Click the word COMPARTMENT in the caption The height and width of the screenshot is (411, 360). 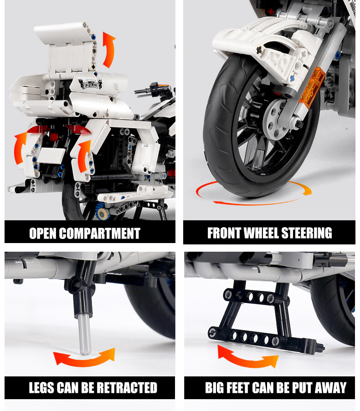click(100, 233)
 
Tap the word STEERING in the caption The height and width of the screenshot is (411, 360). click(307, 233)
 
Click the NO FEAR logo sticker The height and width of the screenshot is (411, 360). click(91, 83)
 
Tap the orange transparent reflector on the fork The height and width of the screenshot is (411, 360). click(314, 86)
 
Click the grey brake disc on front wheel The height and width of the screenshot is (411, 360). click(276, 119)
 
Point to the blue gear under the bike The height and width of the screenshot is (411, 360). click(103, 212)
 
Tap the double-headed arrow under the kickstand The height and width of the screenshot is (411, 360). click(84, 357)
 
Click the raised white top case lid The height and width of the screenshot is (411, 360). click(65, 47)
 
